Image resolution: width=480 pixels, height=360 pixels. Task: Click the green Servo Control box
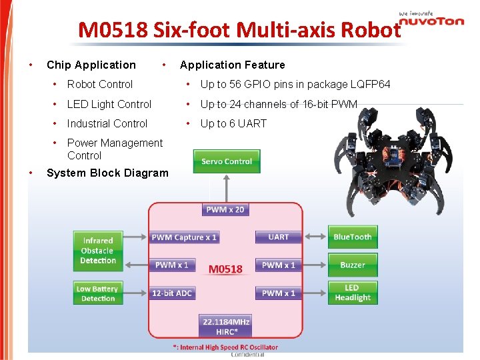coord(227,161)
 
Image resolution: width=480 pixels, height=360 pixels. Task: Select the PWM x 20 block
coord(225,209)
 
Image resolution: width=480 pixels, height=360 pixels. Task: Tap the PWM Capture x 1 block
coord(184,237)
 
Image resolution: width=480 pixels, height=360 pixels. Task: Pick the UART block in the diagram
coord(279,237)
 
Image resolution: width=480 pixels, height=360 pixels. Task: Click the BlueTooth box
coord(353,237)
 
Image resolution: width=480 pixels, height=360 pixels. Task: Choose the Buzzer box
coord(353,265)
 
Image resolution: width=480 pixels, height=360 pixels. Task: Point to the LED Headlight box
coord(353,293)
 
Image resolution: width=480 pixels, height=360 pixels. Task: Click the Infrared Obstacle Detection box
coord(98,251)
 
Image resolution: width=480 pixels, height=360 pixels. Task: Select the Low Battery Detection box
coord(97,293)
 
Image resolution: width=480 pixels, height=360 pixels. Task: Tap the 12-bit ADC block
coord(172,293)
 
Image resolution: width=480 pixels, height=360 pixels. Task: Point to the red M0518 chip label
coord(226,269)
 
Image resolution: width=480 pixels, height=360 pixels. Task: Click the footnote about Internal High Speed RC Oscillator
coord(225,347)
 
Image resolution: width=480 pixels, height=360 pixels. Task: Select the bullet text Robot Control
coord(100,84)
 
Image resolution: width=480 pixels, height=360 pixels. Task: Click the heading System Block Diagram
coord(107,173)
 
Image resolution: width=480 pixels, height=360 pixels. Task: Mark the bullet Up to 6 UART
coord(233,123)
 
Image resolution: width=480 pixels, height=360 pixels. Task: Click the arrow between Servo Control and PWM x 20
coord(227,189)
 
